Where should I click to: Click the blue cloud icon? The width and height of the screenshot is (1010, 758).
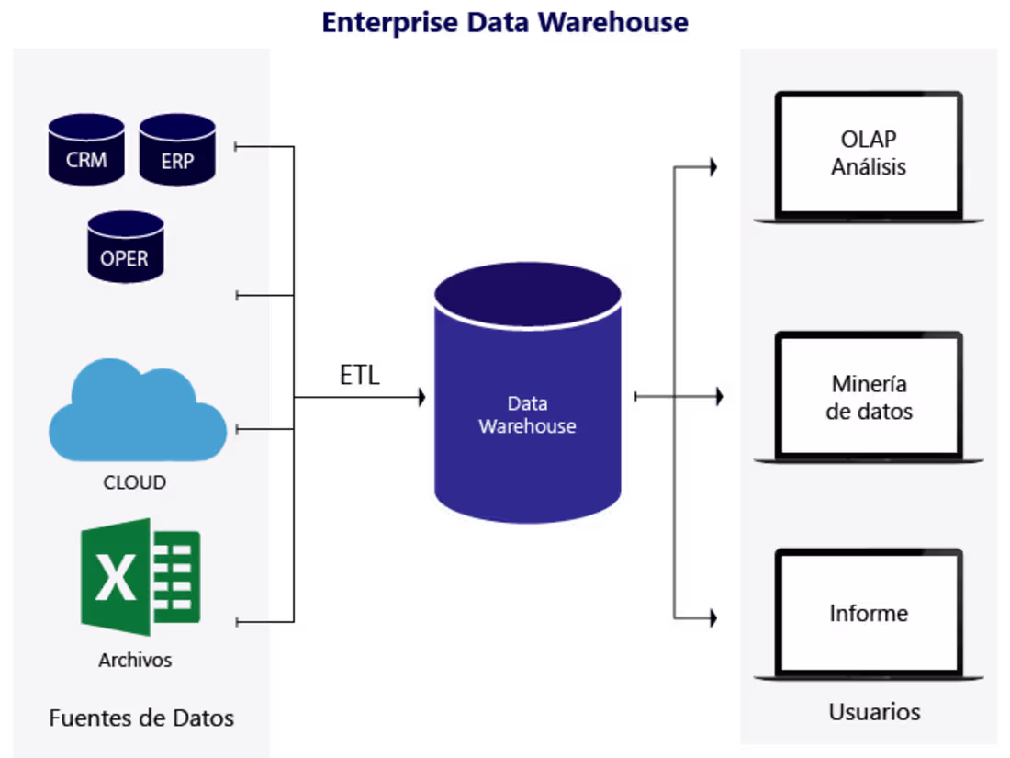click(137, 413)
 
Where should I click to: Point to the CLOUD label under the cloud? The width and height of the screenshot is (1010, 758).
click(134, 482)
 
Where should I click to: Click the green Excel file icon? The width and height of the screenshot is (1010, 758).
click(140, 577)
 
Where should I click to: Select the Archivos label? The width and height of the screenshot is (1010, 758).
click(135, 660)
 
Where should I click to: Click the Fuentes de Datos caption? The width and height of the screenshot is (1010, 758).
click(141, 718)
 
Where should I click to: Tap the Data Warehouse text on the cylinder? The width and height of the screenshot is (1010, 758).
click(527, 415)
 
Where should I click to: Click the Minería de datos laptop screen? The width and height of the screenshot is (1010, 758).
click(869, 397)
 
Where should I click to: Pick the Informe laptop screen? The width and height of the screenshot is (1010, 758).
click(869, 613)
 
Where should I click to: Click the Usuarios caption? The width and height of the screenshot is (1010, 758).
click(874, 712)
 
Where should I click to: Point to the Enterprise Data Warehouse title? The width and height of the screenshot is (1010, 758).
click(504, 22)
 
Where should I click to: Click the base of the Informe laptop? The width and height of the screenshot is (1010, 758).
click(869, 677)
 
